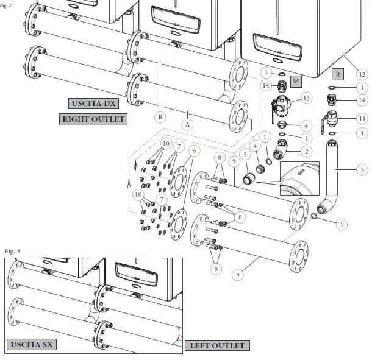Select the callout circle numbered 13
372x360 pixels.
(306, 97)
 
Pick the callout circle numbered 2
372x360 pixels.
(306, 150)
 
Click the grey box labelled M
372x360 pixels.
(296, 81)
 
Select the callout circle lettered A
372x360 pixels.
(188, 122)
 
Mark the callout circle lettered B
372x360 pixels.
(160, 116)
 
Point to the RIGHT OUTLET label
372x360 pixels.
(93, 119)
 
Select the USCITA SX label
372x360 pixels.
(32, 345)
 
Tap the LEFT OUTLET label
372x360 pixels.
(217, 346)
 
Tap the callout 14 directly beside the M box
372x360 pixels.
(266, 86)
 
